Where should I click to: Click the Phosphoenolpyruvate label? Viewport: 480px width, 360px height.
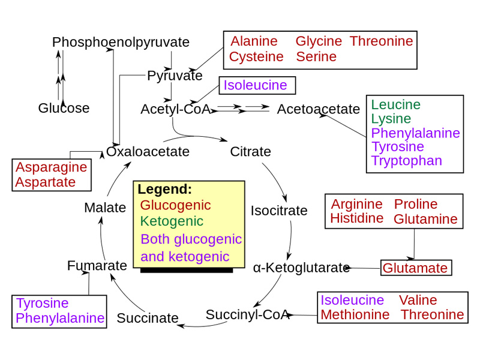[121, 43]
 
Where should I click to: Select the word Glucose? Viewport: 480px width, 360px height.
[64, 109]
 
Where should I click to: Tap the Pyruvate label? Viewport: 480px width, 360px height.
[175, 76]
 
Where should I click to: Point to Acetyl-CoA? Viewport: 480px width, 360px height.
[175, 109]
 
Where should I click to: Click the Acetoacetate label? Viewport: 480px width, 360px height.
[318, 109]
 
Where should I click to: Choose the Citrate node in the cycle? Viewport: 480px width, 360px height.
[250, 152]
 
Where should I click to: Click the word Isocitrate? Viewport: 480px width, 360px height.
[278, 211]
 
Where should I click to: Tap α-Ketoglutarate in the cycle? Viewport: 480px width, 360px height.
[301, 268]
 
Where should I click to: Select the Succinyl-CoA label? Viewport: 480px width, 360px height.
[247, 314]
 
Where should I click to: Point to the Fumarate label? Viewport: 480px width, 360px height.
[97, 265]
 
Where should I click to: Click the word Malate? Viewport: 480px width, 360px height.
[105, 208]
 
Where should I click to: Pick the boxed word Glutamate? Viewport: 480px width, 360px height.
[415, 268]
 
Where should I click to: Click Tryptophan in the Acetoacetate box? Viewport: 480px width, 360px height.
[406, 161]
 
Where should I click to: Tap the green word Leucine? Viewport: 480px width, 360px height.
[395, 104]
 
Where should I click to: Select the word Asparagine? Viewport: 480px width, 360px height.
[51, 167]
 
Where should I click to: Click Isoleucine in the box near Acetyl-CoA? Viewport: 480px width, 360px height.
[255, 85]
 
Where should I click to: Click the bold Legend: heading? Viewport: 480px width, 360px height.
[164, 190]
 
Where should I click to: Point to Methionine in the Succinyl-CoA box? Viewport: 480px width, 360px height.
[355, 314]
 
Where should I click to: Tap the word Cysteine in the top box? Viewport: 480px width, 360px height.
[256, 57]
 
